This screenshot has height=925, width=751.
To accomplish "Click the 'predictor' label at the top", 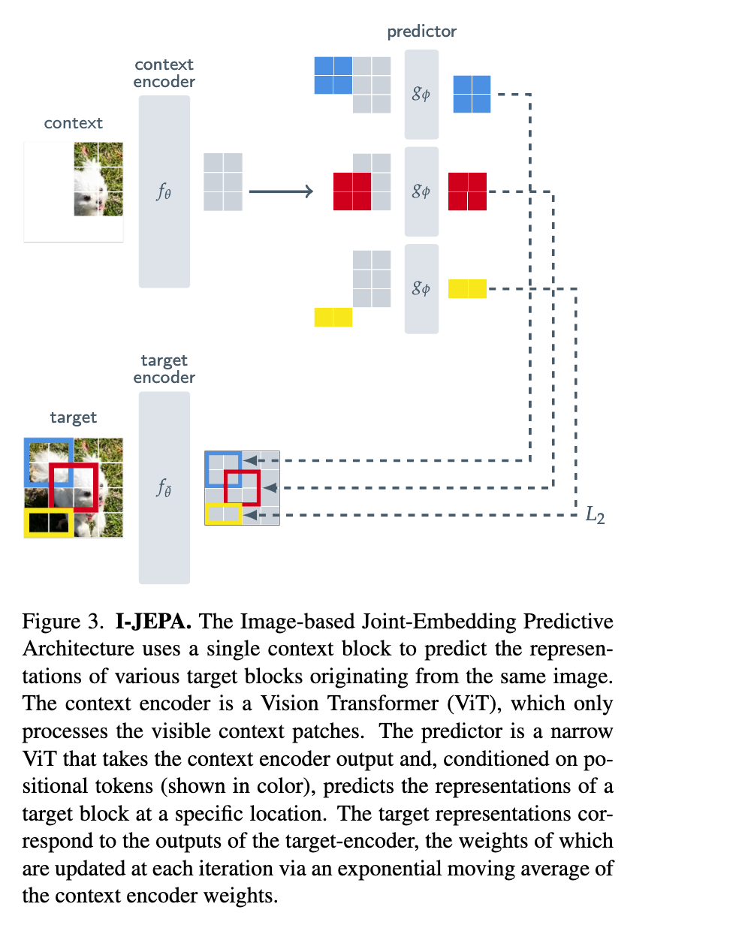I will (x=421, y=32).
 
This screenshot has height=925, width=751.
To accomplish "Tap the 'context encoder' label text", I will (x=164, y=73).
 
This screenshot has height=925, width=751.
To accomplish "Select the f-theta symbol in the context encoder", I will (x=164, y=192).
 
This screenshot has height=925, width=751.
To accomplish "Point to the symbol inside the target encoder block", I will (x=164, y=488).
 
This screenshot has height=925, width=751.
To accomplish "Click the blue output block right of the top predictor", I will (x=472, y=95).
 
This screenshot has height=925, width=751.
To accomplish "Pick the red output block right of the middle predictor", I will (x=467, y=191).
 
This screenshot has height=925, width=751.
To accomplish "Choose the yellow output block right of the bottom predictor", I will (x=467, y=288).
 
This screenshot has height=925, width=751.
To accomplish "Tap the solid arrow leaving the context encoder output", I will (x=280, y=192).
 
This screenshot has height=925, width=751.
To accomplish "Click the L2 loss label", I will (x=595, y=516).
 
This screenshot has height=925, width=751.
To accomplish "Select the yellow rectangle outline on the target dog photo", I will (x=48, y=523).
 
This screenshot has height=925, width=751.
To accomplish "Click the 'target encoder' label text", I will (x=164, y=369).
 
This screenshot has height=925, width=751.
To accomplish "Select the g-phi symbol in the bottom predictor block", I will (x=421, y=288).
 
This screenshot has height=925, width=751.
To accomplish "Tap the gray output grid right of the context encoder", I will (x=223, y=182).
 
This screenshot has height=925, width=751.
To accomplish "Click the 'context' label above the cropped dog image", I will (x=74, y=123).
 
